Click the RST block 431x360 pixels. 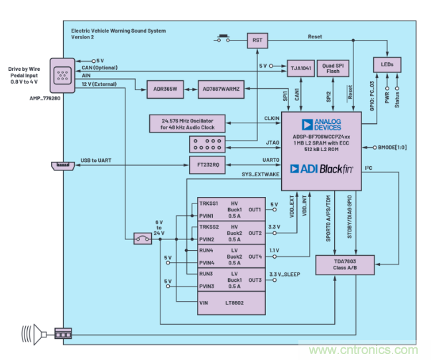pyautogui.click(x=257, y=40)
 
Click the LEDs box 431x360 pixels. pyautogui.click(x=387, y=64)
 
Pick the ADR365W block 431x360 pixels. pyautogui.click(x=164, y=90)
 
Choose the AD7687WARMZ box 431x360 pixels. pyautogui.click(x=221, y=90)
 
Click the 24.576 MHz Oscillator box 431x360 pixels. pyautogui.click(x=187, y=123)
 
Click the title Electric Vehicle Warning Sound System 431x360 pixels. pyautogui.click(x=119, y=30)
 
